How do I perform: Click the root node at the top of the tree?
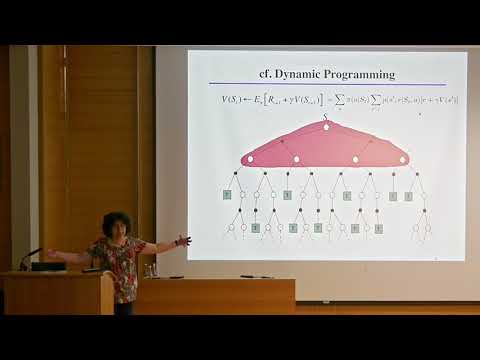[326, 127]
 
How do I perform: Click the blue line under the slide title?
[327, 84]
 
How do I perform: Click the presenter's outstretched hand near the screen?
[183, 241]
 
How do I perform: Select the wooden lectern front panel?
[56, 295]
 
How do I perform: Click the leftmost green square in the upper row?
[229, 194]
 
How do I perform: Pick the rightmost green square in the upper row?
[408, 195]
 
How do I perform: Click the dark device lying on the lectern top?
[47, 267]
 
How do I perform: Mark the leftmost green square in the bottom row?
[255, 229]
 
